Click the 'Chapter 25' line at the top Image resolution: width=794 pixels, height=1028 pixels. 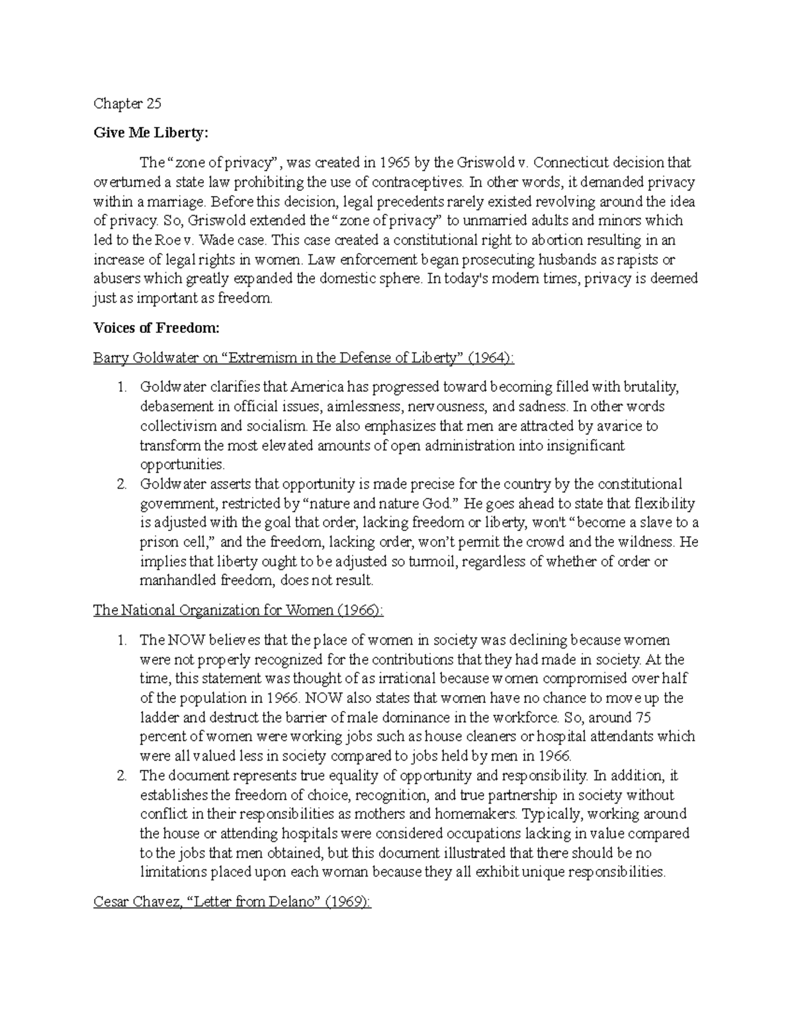point(127,104)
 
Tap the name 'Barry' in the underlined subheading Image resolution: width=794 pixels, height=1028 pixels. point(111,358)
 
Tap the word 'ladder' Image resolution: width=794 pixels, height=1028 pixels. point(159,717)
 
